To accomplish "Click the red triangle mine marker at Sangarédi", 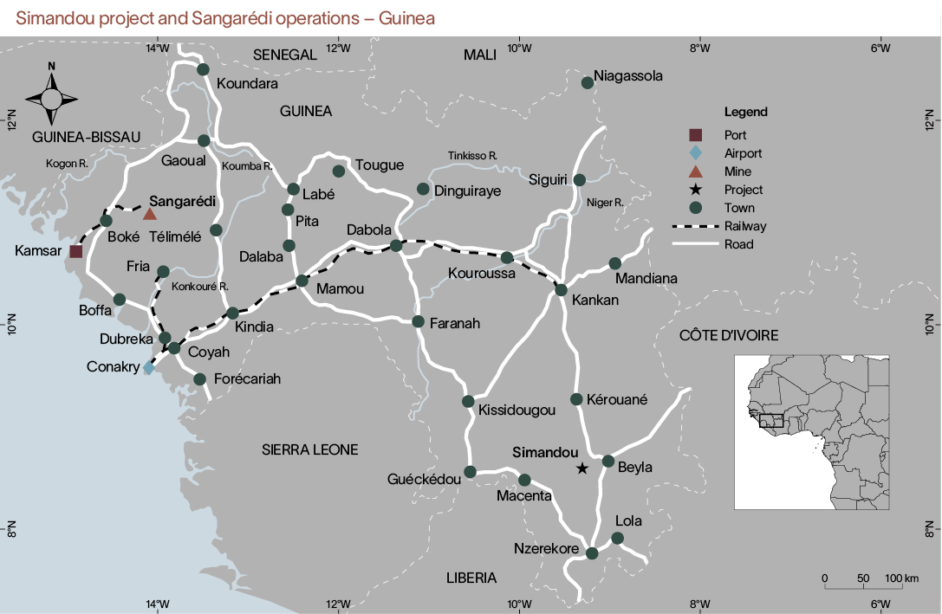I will click(x=149, y=214).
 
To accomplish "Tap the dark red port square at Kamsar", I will click(x=75, y=251).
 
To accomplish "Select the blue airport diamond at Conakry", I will click(x=148, y=368).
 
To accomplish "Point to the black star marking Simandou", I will click(x=581, y=469).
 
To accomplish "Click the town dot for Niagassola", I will click(x=587, y=82).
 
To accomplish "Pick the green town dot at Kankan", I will click(x=561, y=289).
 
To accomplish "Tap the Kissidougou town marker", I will click(x=468, y=401).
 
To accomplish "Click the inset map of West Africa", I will click(x=811, y=430).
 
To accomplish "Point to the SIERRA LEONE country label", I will click(x=309, y=449).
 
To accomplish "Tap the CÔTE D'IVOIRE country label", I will click(x=729, y=335).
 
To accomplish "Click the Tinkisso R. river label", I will click(x=472, y=155).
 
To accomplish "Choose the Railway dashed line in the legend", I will click(x=695, y=226).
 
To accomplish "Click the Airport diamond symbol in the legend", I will click(x=695, y=153).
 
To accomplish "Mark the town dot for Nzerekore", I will click(x=592, y=553).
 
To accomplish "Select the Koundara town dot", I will click(x=203, y=69).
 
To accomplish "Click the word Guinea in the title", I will click(x=412, y=17).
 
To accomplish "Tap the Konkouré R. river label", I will click(x=199, y=287).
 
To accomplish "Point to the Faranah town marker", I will click(x=418, y=321).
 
